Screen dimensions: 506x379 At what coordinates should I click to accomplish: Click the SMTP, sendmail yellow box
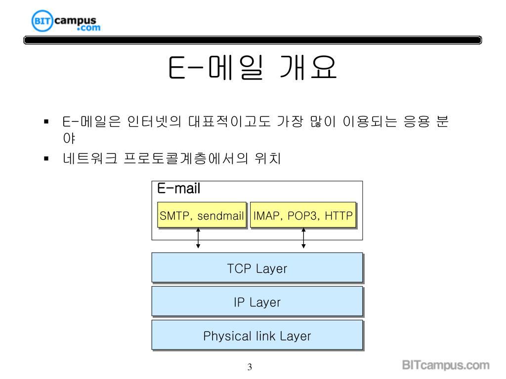pos(202,216)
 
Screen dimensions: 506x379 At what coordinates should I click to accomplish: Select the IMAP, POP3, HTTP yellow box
pos(303,216)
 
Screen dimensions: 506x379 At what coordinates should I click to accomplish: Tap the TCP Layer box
pos(257,268)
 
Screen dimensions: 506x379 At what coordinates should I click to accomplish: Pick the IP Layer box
pos(257,302)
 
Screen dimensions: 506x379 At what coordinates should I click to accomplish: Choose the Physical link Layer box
pos(257,336)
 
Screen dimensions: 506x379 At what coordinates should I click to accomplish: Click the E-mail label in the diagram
pos(178,189)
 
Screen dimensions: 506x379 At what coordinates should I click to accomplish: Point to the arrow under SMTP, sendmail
pos(198,238)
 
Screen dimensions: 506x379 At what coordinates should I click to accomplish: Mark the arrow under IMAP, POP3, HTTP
pos(303,238)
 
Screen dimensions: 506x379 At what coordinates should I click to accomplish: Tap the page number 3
pos(250,367)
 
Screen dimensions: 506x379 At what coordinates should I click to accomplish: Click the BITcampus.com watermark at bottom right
pos(445,366)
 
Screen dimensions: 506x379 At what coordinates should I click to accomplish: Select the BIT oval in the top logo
pos(42,21)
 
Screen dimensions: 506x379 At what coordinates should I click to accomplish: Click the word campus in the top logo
pos(75,20)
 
